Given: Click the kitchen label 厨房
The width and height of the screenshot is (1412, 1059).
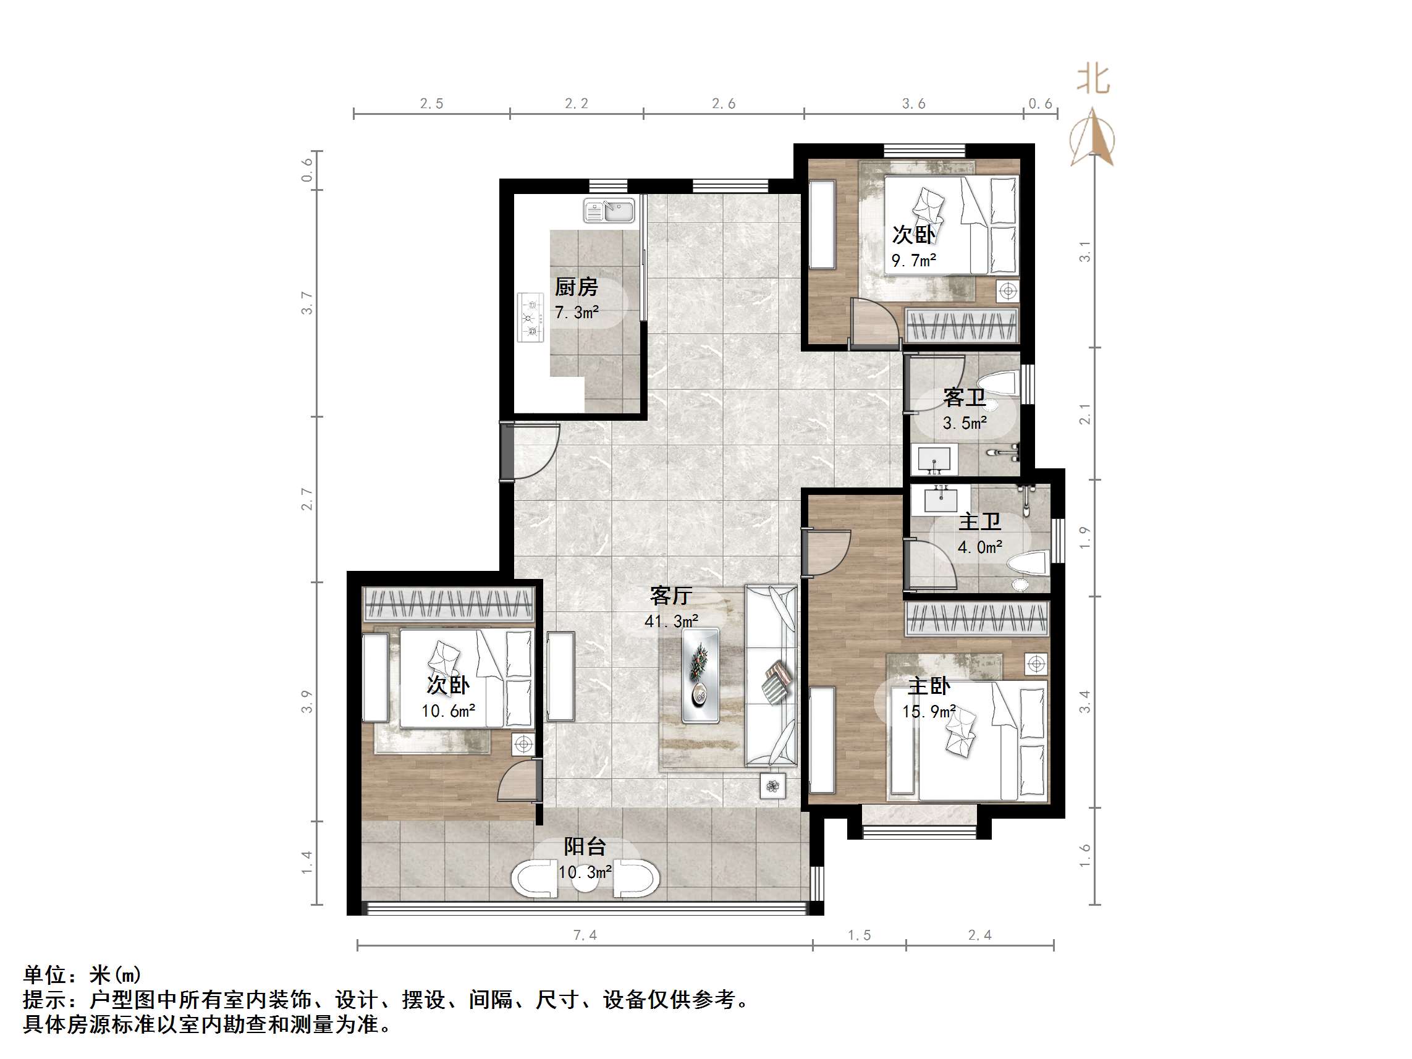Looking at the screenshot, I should click(576, 287).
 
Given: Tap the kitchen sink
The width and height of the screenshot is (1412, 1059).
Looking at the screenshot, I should click(608, 210).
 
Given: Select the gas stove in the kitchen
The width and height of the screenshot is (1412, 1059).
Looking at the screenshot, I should click(530, 316).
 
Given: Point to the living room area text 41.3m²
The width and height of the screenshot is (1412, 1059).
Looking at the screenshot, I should click(671, 621).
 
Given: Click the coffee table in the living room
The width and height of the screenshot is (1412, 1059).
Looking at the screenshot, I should click(700, 676).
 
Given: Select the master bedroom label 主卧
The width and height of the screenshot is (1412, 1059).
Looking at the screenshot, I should click(929, 686).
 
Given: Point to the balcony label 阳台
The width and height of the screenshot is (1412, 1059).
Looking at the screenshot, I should click(584, 846).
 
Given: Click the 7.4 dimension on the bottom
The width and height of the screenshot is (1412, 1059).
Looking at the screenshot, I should click(585, 935).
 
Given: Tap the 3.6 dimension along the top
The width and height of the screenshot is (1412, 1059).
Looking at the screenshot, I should click(913, 103).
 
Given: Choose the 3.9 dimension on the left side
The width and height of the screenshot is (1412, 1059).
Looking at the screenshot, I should click(307, 701).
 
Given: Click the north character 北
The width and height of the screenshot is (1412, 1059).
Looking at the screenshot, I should click(1093, 79).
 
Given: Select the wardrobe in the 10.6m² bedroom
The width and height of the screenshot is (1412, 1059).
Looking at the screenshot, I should click(449, 603).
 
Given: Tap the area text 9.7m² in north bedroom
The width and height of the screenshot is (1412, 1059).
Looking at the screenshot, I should click(913, 261).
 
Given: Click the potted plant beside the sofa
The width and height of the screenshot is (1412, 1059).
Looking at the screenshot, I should click(773, 787).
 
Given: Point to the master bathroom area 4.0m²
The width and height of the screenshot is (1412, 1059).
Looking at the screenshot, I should click(979, 547).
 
